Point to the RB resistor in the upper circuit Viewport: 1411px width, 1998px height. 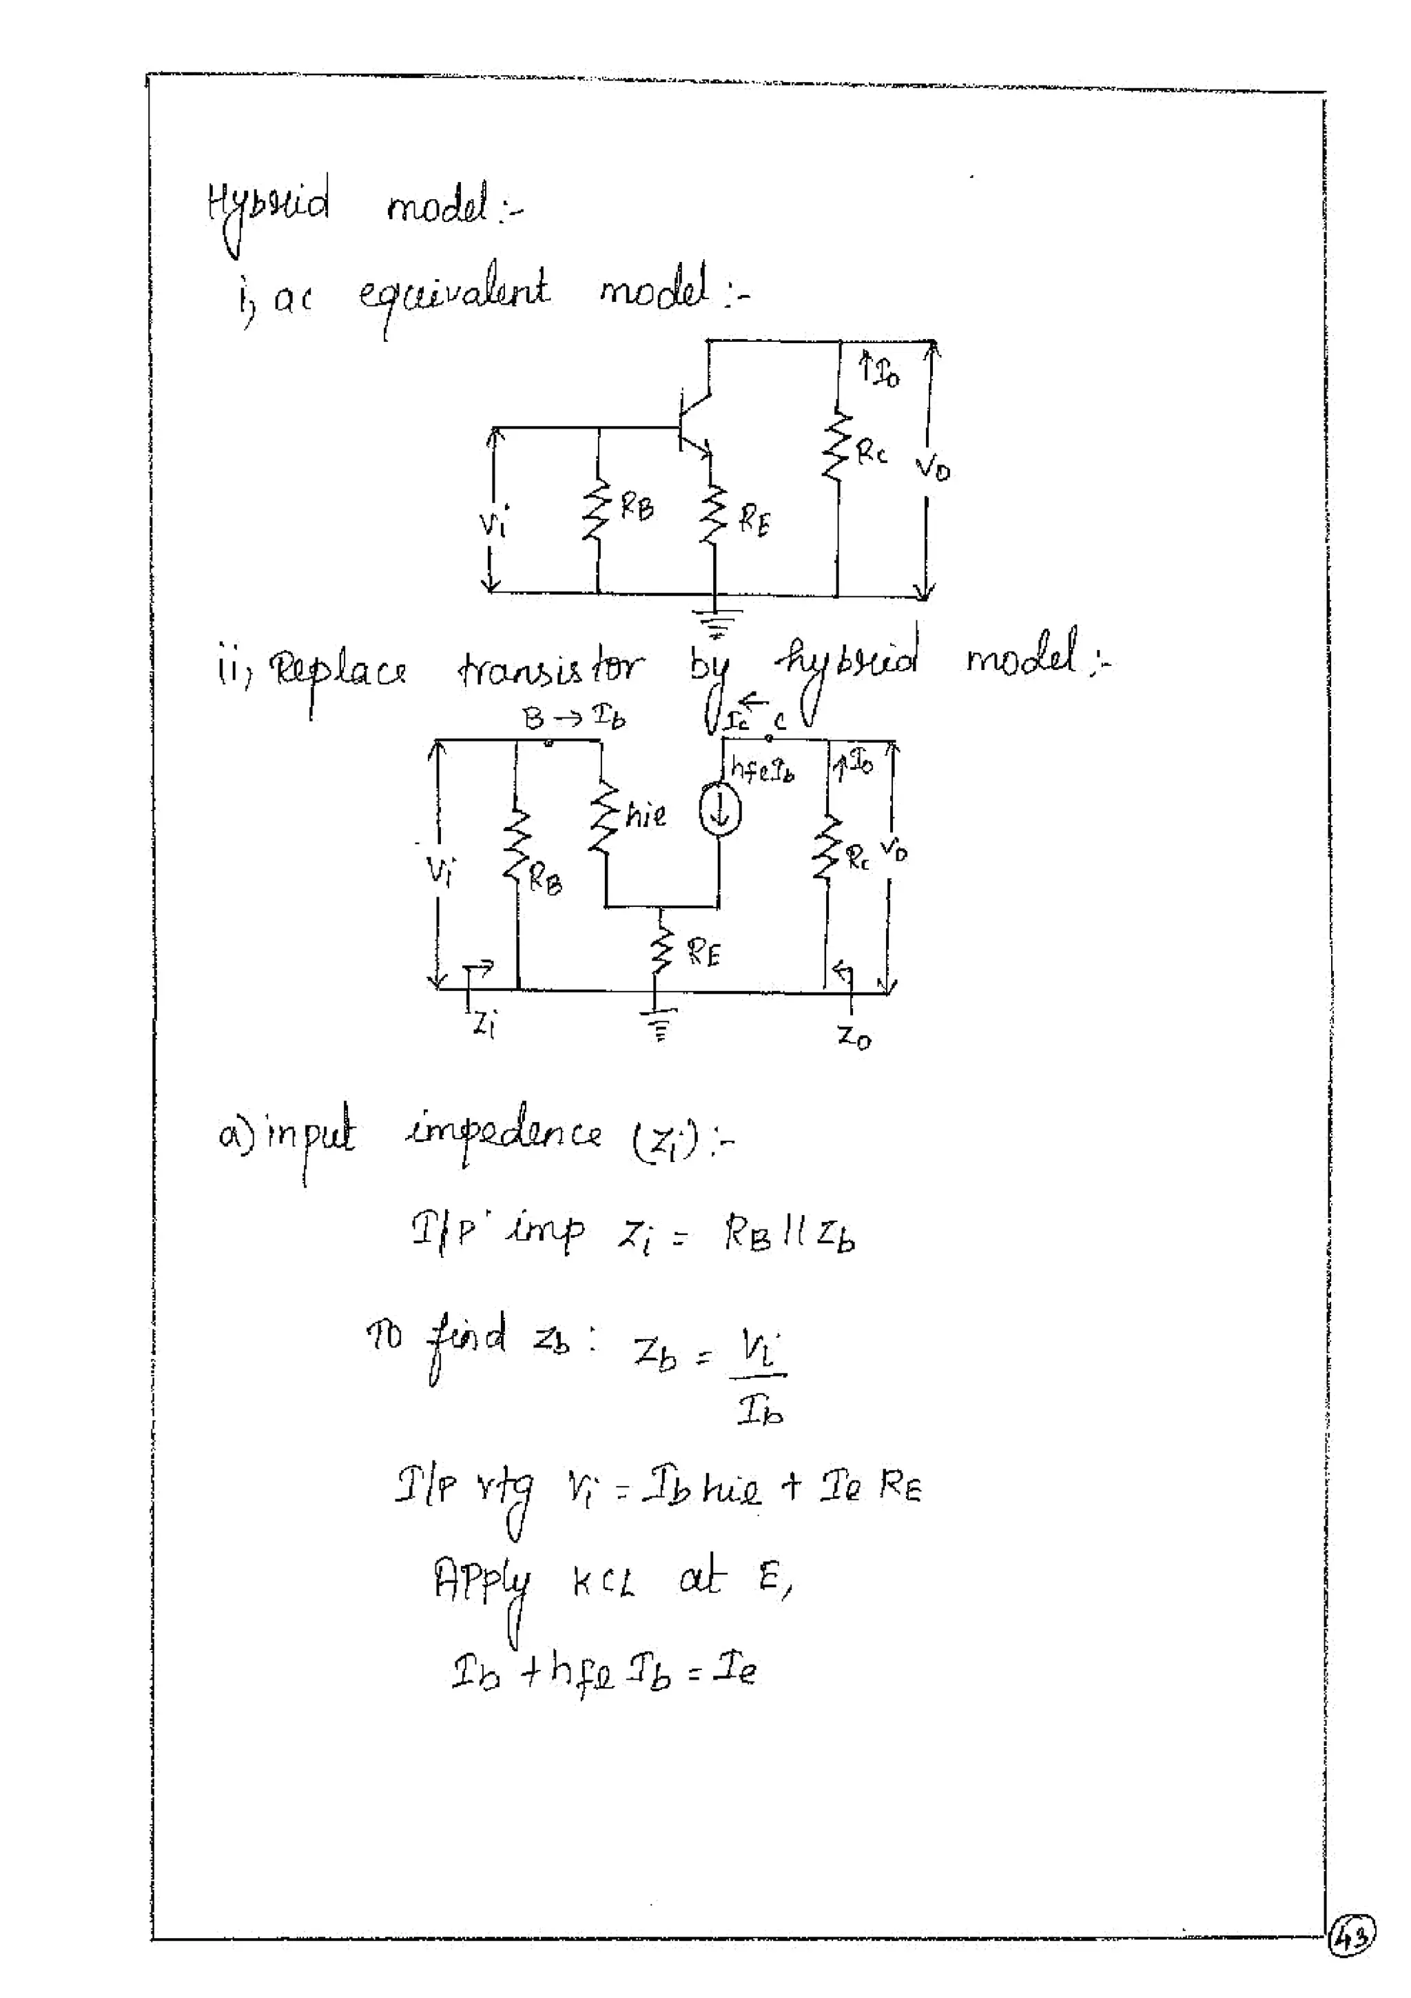point(597,511)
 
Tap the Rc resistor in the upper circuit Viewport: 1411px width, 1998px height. point(837,445)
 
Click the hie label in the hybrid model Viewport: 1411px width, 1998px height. point(646,815)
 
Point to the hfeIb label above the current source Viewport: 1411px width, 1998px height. point(762,769)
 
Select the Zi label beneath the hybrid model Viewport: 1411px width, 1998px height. point(484,1024)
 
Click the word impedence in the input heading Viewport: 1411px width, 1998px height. point(503,1134)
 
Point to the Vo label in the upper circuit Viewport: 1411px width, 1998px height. point(933,468)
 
